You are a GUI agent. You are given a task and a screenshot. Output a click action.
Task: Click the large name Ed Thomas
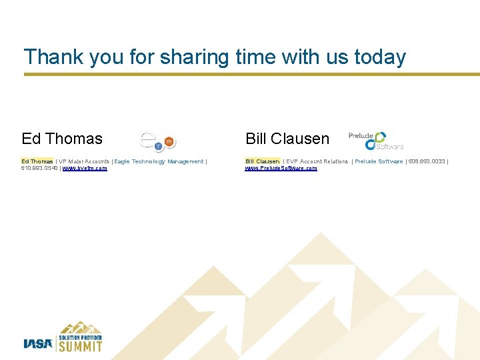[62, 139]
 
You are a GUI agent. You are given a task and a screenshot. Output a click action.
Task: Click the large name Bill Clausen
[287, 139]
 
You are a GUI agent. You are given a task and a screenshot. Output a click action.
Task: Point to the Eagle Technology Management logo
[158, 141]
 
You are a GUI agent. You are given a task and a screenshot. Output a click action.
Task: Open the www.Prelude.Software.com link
[281, 169]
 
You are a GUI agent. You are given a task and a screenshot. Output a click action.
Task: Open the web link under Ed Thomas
[85, 169]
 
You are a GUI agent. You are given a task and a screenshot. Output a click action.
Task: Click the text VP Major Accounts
[84, 161]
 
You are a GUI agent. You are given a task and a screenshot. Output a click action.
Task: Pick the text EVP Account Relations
[317, 161]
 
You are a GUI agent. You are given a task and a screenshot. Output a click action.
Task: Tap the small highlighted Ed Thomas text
[37, 161]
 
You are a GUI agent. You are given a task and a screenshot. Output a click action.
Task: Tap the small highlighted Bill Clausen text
[262, 161]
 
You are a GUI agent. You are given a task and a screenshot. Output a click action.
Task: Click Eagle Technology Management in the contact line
[159, 161]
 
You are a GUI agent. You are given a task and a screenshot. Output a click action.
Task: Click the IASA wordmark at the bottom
[38, 343]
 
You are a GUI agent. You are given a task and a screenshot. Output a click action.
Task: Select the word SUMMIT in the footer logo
[81, 347]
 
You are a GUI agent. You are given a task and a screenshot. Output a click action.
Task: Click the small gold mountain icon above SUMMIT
[81, 327]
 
